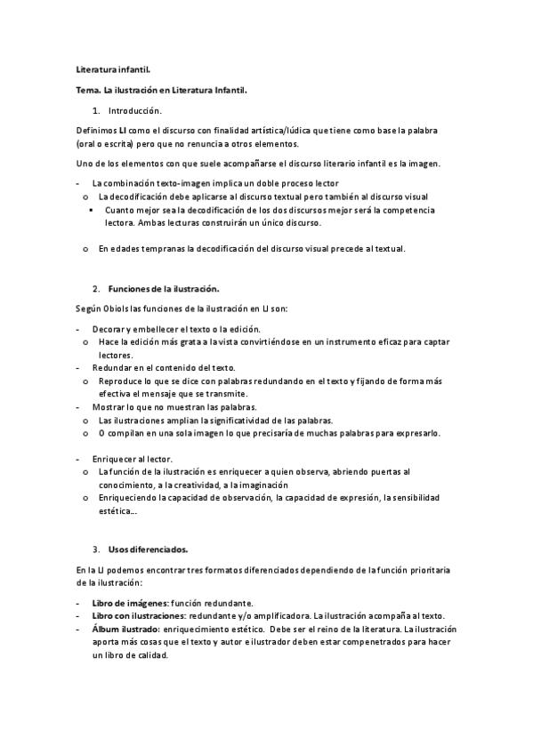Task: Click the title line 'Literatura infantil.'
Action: tap(112, 68)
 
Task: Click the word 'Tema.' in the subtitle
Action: tap(88, 90)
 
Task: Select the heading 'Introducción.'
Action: tap(135, 111)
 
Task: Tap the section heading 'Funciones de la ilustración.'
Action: tap(164, 290)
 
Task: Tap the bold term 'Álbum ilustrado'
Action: tap(125, 630)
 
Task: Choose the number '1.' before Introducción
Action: tap(96, 111)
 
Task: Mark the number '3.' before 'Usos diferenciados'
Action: tap(96, 549)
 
